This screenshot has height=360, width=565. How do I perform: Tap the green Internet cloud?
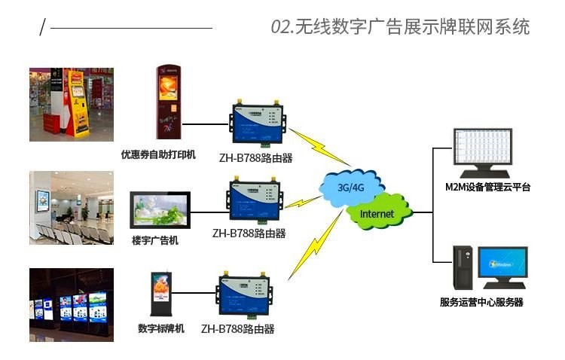[377, 213]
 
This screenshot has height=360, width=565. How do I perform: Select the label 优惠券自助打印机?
[158, 154]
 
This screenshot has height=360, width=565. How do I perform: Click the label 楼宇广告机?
[155, 240]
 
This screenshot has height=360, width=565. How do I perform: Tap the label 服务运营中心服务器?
[481, 302]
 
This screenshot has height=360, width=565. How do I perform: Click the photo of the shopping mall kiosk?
[72, 104]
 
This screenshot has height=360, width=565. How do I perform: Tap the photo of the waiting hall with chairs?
[72, 208]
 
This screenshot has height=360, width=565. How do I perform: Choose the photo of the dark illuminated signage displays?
[72, 305]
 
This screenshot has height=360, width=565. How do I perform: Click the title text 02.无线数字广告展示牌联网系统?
[400, 27]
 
